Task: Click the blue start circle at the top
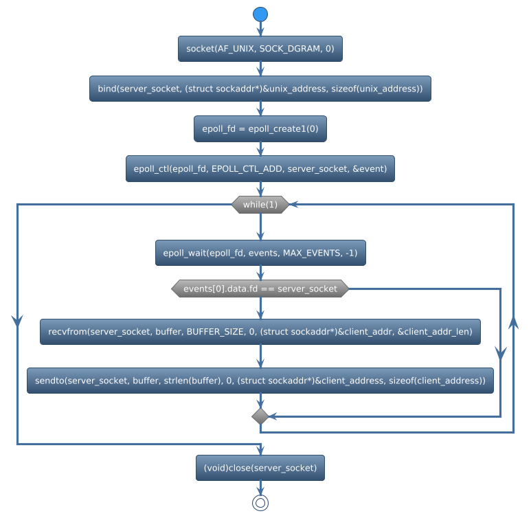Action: click(260, 14)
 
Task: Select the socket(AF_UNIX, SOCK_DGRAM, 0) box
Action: click(260, 49)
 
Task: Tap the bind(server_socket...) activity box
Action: click(260, 89)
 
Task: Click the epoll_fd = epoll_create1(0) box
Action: click(260, 128)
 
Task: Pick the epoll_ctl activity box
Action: click(260, 168)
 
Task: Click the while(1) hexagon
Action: click(260, 205)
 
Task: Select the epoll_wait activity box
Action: click(260, 253)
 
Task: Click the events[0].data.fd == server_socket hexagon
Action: click(260, 289)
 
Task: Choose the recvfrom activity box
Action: click(260, 332)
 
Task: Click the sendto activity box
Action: click(260, 381)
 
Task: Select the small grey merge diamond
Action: click(260, 416)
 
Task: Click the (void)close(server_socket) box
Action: click(260, 468)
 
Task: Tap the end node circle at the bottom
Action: click(260, 503)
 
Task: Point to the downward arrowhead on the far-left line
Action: click(16, 321)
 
